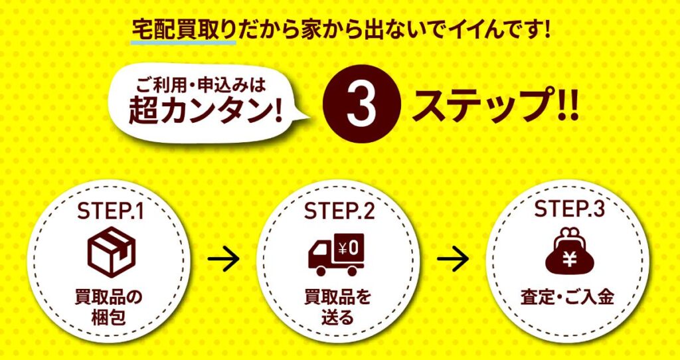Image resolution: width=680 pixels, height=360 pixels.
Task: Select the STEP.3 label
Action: coord(569,209)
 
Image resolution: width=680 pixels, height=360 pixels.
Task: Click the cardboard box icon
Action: coord(112,252)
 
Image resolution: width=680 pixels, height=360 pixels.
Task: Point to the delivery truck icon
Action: coord(336,255)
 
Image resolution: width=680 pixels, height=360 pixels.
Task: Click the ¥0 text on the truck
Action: coord(348,249)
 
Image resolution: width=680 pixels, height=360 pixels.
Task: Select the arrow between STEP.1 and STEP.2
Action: coord(223,259)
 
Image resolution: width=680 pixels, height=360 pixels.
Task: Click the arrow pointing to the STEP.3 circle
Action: coord(453,259)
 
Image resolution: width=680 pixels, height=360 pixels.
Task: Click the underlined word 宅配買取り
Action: coord(183,30)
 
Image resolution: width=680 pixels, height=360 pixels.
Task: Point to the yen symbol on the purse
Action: coord(569,259)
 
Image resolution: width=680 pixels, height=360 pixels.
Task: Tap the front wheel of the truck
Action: coord(321,270)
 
